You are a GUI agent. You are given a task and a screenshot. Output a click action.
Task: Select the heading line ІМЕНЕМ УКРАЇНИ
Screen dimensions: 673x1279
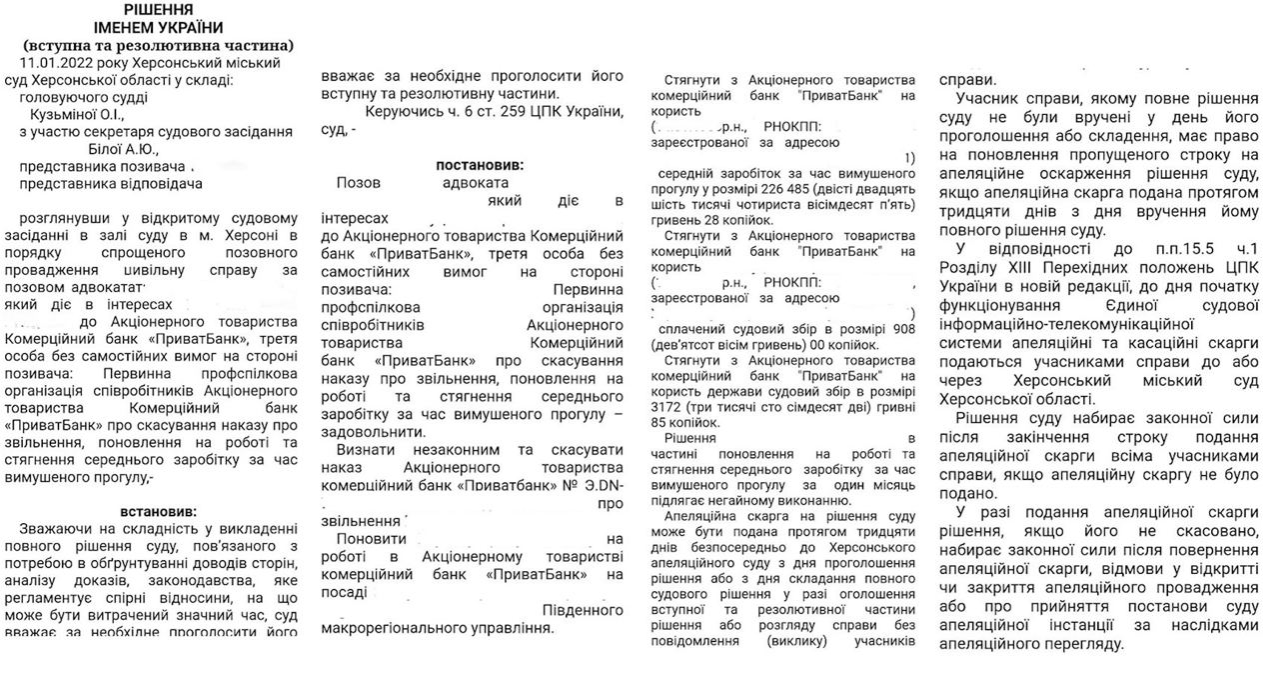click(x=158, y=27)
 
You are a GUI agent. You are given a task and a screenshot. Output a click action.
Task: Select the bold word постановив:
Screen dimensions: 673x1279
click(x=479, y=164)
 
